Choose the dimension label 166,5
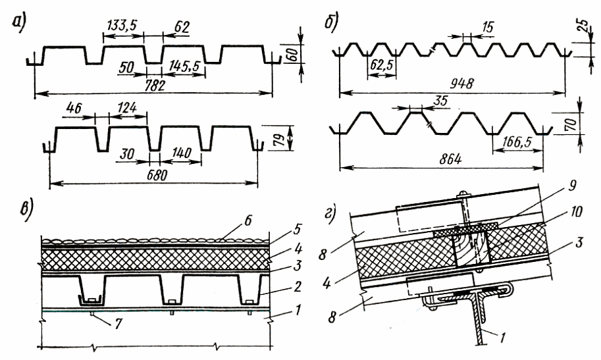coord(515,140)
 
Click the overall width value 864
coord(438,159)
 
